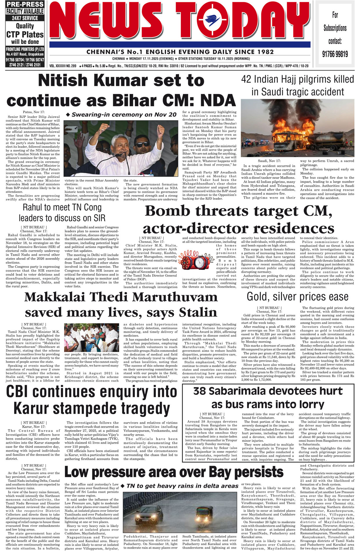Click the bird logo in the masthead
[213, 20]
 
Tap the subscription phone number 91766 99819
[335, 54]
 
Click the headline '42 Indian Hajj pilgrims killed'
[297, 79]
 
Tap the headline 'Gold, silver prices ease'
[297, 297]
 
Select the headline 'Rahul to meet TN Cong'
[62, 207]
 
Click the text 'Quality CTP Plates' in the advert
[25, 30]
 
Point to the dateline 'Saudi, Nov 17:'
[269, 161]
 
